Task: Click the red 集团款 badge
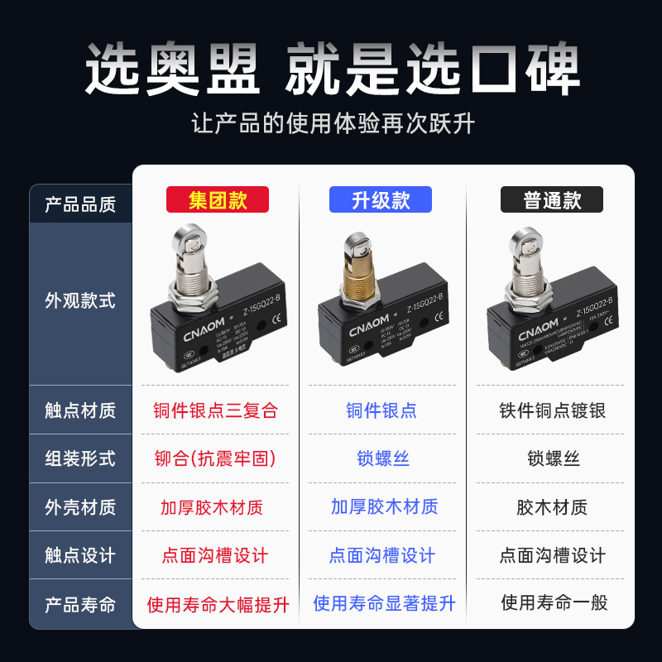point(218,200)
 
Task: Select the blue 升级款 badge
point(381,200)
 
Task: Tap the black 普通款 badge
point(552,200)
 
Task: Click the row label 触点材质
point(80,410)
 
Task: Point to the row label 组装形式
point(80,458)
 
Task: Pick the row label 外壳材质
point(80,507)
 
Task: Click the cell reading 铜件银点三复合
point(215,410)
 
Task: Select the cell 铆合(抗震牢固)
point(215,458)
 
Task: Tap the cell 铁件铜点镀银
point(553,410)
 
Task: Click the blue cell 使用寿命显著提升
point(384,603)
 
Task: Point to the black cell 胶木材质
point(552,507)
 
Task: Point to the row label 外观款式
point(80,301)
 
